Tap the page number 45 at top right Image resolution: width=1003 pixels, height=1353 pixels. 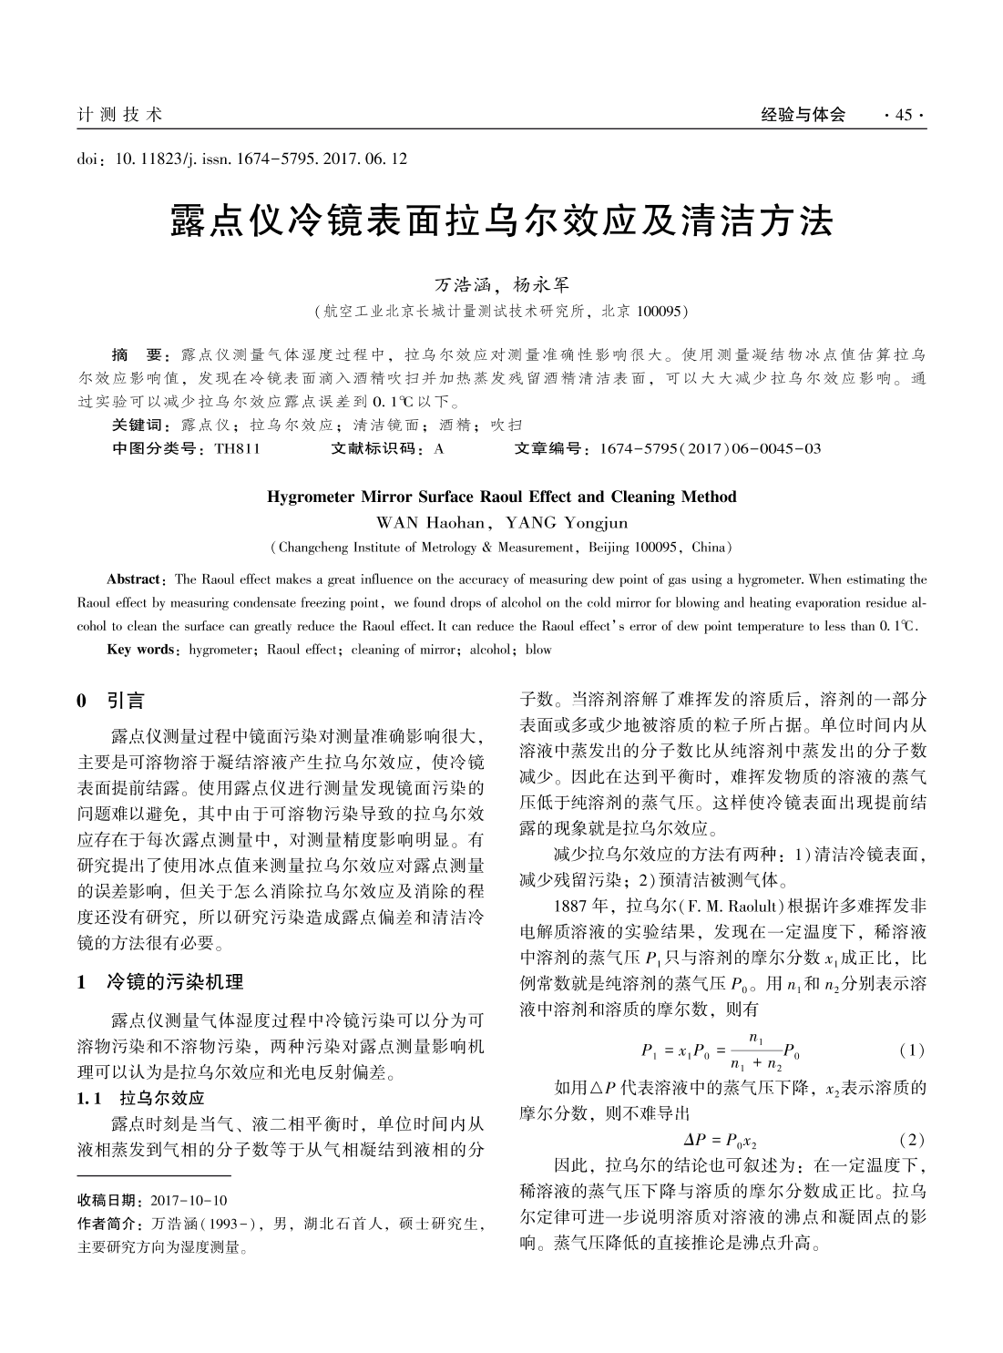(x=904, y=115)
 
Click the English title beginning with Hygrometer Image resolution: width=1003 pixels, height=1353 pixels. (x=501, y=497)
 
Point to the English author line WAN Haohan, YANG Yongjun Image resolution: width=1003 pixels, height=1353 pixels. (x=501, y=523)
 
